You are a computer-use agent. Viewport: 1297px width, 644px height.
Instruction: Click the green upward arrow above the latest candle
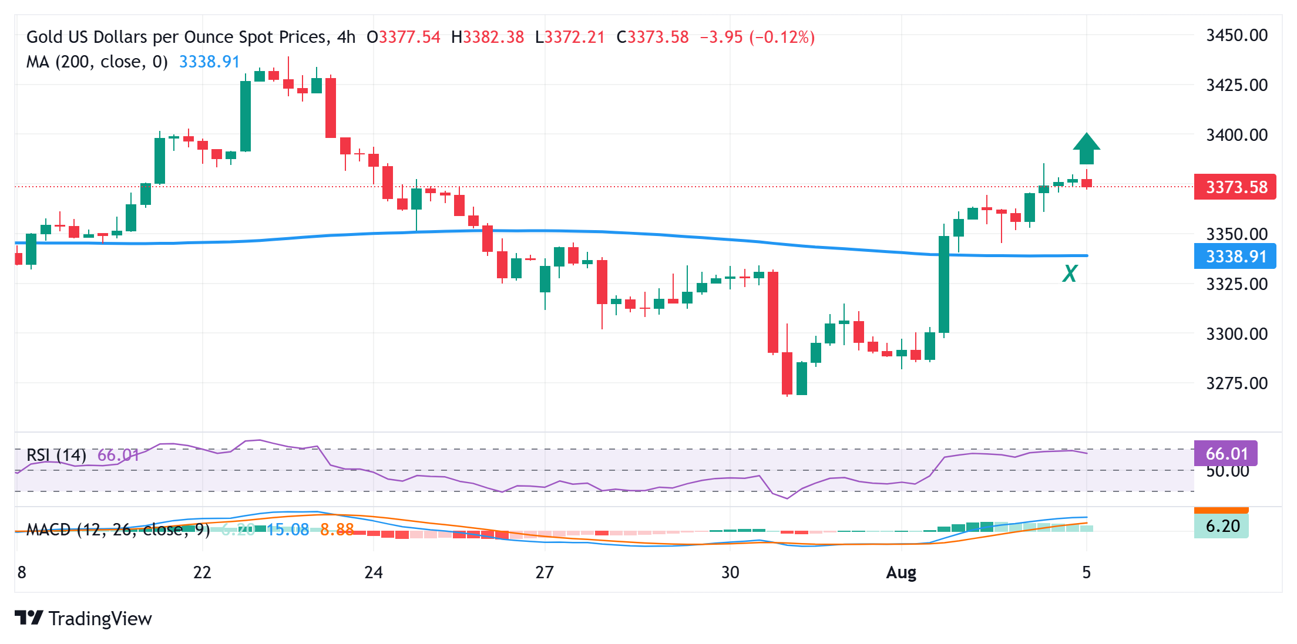coord(1086,149)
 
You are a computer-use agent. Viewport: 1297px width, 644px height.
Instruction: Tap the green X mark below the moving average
coord(1070,274)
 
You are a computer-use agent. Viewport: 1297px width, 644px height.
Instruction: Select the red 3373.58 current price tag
coord(1235,187)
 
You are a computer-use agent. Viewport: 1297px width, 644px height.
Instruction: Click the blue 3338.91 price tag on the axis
coord(1235,257)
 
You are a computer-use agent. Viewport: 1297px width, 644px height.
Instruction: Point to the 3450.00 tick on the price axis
coord(1236,35)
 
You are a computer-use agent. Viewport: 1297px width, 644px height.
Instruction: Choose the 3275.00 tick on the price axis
coord(1236,383)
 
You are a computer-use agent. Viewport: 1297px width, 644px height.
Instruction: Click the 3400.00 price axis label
coord(1236,135)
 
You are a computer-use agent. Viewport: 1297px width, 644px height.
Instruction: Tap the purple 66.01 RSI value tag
coord(1226,453)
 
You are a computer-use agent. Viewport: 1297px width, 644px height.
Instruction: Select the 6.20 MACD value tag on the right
coord(1222,526)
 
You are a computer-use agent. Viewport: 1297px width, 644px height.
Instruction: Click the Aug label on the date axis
coord(901,572)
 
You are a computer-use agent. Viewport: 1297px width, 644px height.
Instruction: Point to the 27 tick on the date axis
coord(545,572)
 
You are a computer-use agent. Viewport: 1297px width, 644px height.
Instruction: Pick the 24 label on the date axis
coord(374,572)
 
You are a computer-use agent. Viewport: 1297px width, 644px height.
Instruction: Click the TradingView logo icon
coord(29,618)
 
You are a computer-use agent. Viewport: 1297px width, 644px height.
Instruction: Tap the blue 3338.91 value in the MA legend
coord(209,62)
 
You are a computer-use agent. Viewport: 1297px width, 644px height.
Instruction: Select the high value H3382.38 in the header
coord(487,37)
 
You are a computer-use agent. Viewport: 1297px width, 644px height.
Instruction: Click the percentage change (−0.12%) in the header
coord(782,37)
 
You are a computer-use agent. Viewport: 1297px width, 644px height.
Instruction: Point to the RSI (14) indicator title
coord(56,455)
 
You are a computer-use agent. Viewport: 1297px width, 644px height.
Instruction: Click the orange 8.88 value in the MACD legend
coord(337,530)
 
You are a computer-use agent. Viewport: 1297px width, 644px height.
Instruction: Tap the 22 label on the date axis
coord(202,572)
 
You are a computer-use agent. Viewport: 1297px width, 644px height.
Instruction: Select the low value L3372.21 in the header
coord(570,37)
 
